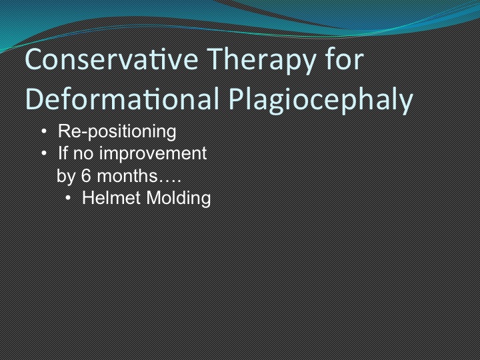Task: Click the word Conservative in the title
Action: click(112, 59)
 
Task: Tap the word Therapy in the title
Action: click(263, 61)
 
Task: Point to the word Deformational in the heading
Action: click(123, 98)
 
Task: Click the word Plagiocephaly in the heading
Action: click(321, 101)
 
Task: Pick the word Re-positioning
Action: click(117, 132)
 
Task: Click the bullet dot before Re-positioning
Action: click(44, 131)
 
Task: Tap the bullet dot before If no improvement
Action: click(44, 153)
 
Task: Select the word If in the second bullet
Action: click(63, 153)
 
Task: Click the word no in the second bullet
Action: click(83, 154)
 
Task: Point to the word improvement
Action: click(153, 153)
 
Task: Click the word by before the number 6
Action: click(66, 177)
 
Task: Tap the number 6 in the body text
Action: click(86, 176)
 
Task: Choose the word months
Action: click(127, 176)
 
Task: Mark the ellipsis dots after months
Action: click(169, 181)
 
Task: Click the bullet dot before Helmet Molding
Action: click(68, 198)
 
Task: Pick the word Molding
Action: click(179, 199)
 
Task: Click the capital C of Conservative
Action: click(34, 59)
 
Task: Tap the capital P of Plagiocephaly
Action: click(237, 99)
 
